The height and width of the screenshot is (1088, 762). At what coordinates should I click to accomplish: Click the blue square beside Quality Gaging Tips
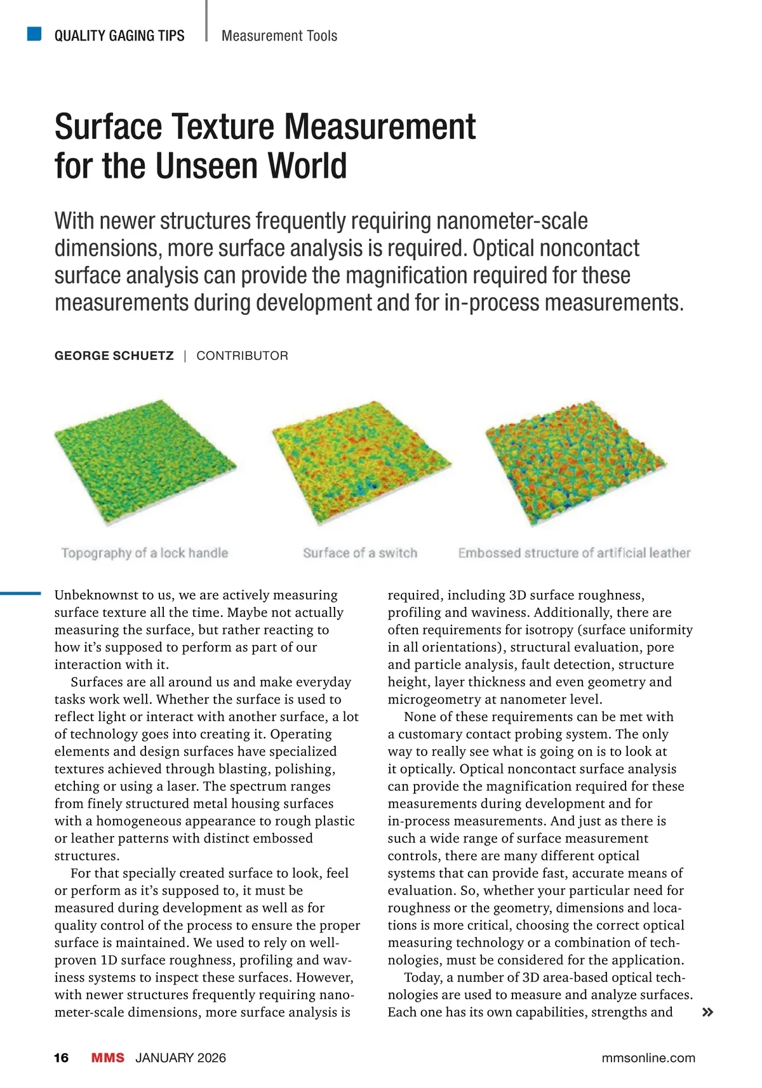[34, 34]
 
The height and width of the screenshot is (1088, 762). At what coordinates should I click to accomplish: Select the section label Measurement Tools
[279, 36]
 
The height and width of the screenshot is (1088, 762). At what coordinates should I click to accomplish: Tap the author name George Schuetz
[114, 356]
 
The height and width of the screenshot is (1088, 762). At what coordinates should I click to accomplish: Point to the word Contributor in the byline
[242, 356]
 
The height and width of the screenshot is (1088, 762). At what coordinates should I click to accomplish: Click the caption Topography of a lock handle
[144, 553]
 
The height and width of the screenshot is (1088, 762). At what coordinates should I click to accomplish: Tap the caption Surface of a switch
[360, 553]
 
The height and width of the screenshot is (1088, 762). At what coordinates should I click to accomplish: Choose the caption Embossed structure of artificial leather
[574, 553]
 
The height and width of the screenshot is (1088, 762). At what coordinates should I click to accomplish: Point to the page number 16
[62, 1058]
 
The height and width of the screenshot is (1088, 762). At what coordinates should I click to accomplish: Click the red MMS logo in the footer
[107, 1058]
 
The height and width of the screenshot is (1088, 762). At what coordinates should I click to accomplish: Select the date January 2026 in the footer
[180, 1058]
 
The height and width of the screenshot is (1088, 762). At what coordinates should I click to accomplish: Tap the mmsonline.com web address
[648, 1058]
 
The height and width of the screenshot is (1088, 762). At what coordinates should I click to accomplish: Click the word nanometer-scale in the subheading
[511, 222]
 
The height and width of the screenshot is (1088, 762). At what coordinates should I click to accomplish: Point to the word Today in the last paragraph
[422, 978]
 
